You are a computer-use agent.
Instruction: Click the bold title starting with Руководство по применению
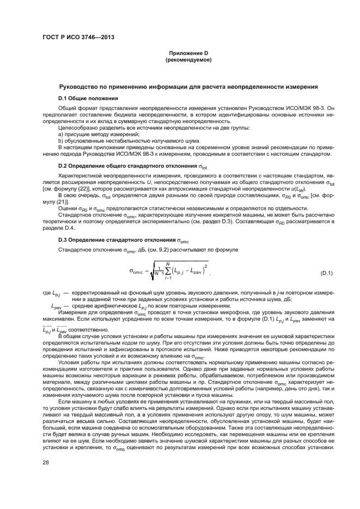[188, 87]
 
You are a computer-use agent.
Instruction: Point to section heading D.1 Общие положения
[88, 99]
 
